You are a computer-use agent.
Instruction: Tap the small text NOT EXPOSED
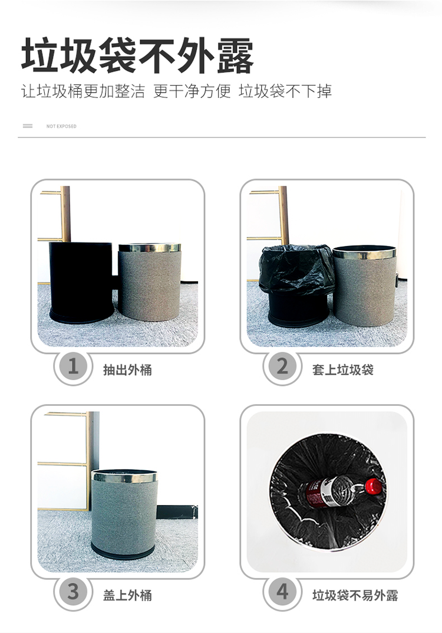click(61, 126)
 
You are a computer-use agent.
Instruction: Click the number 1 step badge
click(73, 366)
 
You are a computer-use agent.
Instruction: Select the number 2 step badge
click(282, 366)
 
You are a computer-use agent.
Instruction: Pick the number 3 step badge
click(73, 592)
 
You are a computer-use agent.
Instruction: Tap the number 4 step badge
click(282, 592)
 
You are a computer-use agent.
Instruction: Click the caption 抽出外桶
click(127, 370)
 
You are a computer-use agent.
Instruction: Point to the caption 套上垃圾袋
click(343, 370)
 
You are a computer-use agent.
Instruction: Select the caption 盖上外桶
click(127, 595)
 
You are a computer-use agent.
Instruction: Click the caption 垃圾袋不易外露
click(355, 595)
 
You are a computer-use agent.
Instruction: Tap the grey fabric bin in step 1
click(150, 281)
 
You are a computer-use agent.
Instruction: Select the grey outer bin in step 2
click(364, 285)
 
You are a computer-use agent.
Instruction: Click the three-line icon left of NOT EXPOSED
click(28, 126)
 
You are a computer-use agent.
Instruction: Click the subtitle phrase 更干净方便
click(192, 91)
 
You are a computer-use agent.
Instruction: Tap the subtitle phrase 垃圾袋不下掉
click(285, 91)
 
